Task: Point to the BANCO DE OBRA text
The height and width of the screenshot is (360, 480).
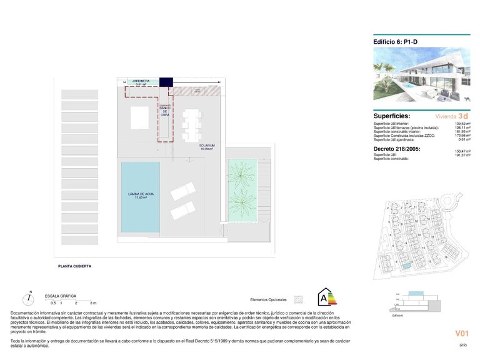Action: pos(165,110)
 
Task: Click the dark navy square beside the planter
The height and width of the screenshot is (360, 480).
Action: pos(165,82)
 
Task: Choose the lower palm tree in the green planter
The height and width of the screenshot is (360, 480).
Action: pos(241,201)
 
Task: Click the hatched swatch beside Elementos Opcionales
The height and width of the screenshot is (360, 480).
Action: pos(299,299)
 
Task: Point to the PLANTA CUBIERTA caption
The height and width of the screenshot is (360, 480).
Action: pos(74,266)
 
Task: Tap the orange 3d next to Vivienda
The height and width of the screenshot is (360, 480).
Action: pos(462,116)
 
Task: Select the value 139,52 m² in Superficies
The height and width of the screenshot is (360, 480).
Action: pos(462,124)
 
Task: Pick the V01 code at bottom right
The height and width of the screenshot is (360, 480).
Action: pos(461,334)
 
